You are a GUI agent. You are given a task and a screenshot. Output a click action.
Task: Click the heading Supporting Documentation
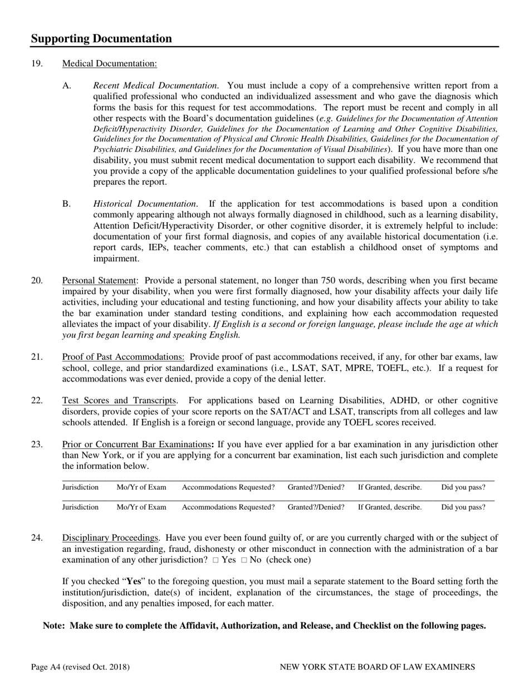click(x=101, y=38)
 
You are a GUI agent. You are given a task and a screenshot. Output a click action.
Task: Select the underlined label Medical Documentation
click(x=109, y=63)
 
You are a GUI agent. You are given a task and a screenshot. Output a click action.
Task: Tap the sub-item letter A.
click(x=67, y=86)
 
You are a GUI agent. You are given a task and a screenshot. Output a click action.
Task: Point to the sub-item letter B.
click(x=67, y=204)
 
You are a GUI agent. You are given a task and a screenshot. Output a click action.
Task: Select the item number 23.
click(x=37, y=444)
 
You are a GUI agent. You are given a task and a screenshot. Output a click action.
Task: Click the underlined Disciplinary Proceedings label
click(x=110, y=538)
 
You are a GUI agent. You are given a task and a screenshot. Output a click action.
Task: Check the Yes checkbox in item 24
click(x=215, y=560)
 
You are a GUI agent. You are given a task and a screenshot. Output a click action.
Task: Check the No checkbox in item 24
click(x=244, y=560)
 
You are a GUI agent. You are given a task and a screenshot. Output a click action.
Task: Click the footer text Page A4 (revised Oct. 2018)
click(x=80, y=667)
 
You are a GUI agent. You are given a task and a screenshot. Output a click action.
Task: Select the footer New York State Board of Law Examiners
click(x=377, y=667)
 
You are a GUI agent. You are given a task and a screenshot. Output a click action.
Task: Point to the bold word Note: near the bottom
click(x=55, y=625)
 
